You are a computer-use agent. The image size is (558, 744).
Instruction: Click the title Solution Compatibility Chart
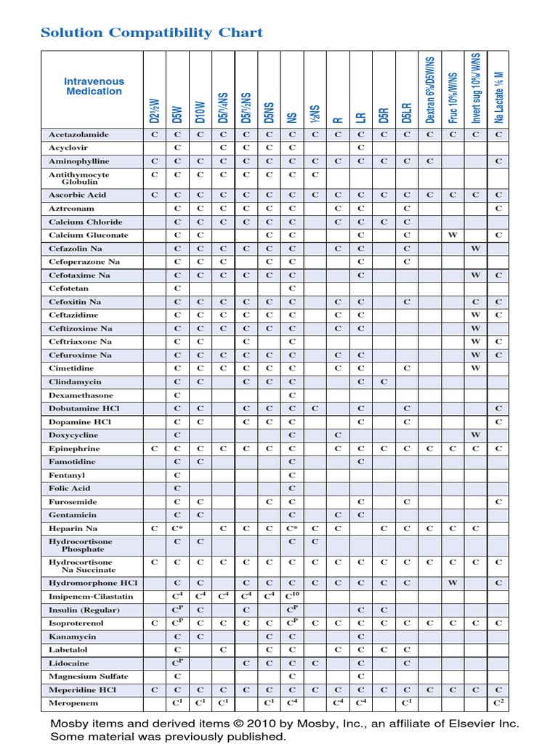(x=152, y=33)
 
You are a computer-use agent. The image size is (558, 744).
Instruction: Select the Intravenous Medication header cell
(x=94, y=86)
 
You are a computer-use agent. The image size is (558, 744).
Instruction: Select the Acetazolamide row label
(x=79, y=134)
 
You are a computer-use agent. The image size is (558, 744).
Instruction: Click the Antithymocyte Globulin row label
(x=79, y=178)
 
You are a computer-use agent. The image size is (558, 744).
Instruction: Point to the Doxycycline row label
(x=74, y=435)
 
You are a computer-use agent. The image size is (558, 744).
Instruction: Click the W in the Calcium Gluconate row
(x=452, y=235)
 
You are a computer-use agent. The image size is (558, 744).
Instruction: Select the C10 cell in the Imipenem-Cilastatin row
(x=293, y=596)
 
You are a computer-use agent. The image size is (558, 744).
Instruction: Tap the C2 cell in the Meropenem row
(x=498, y=703)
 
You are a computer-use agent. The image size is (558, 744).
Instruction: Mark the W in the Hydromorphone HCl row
(x=452, y=583)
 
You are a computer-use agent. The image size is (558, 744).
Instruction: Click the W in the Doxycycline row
(x=475, y=435)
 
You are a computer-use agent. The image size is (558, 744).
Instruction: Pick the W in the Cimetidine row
(x=475, y=368)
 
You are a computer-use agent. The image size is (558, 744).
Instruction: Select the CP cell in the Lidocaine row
(x=177, y=663)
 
